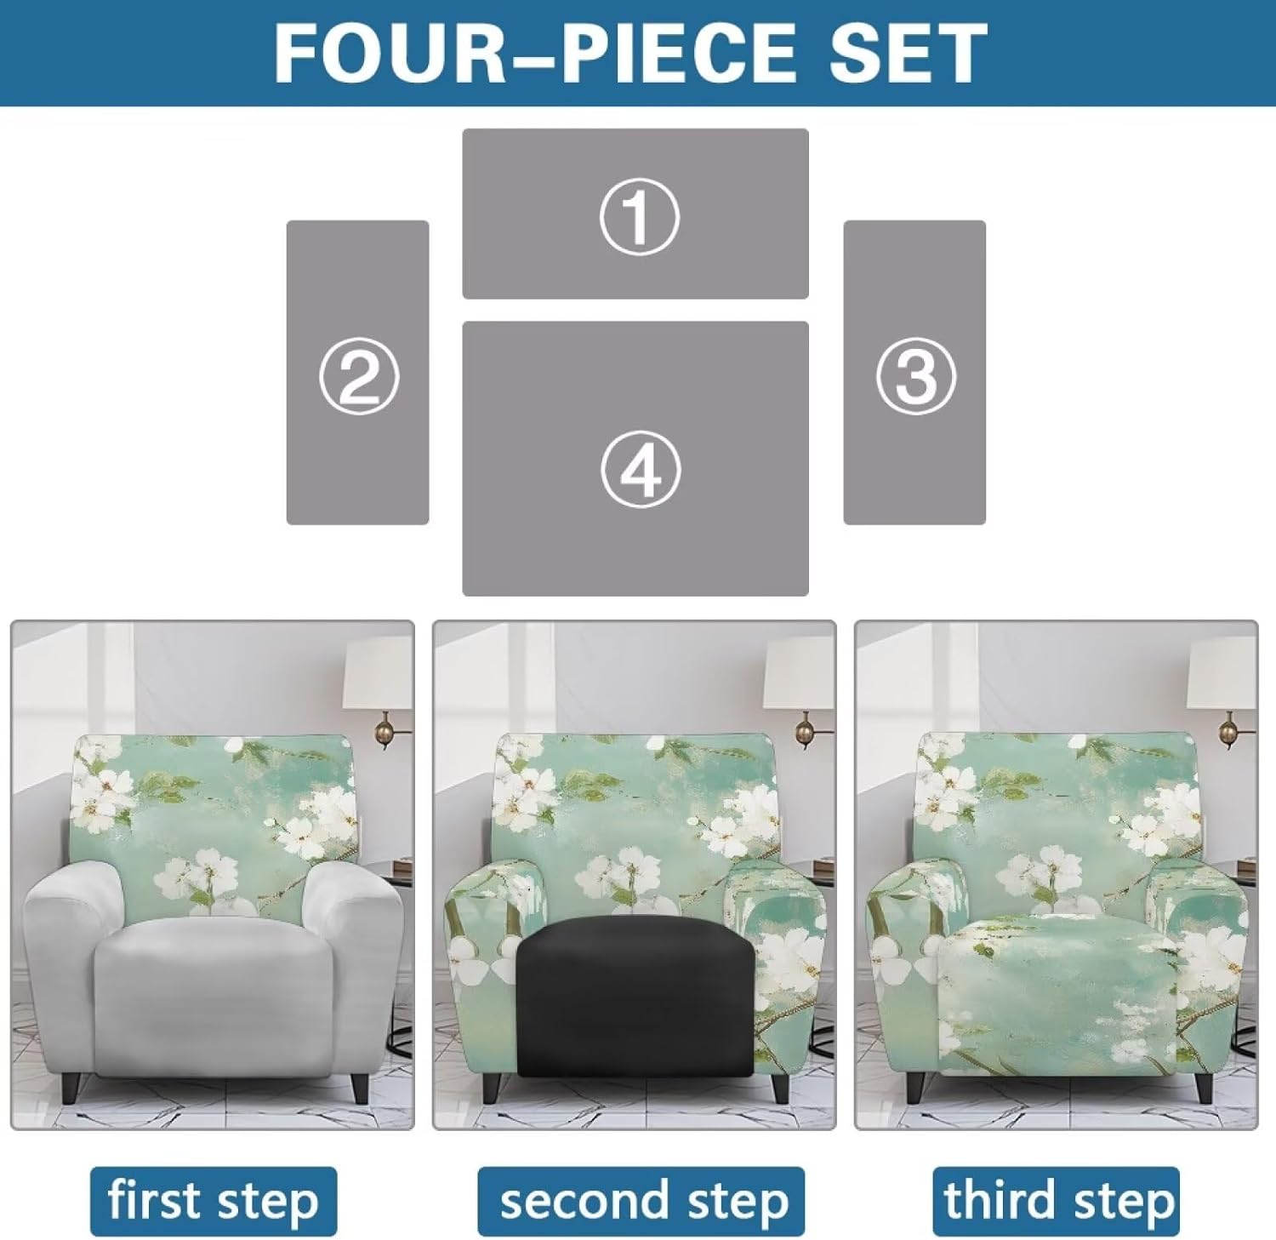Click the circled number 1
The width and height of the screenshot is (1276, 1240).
[639, 216]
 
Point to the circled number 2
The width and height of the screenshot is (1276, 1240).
[358, 376]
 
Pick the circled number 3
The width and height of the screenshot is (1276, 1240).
[915, 376]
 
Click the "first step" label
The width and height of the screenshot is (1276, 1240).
[214, 1201]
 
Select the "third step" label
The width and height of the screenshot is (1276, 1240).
[1057, 1201]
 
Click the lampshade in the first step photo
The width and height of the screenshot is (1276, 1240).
[378, 671]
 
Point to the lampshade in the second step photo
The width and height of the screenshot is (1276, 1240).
[799, 671]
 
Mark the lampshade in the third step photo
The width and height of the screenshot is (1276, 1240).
[1222, 671]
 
